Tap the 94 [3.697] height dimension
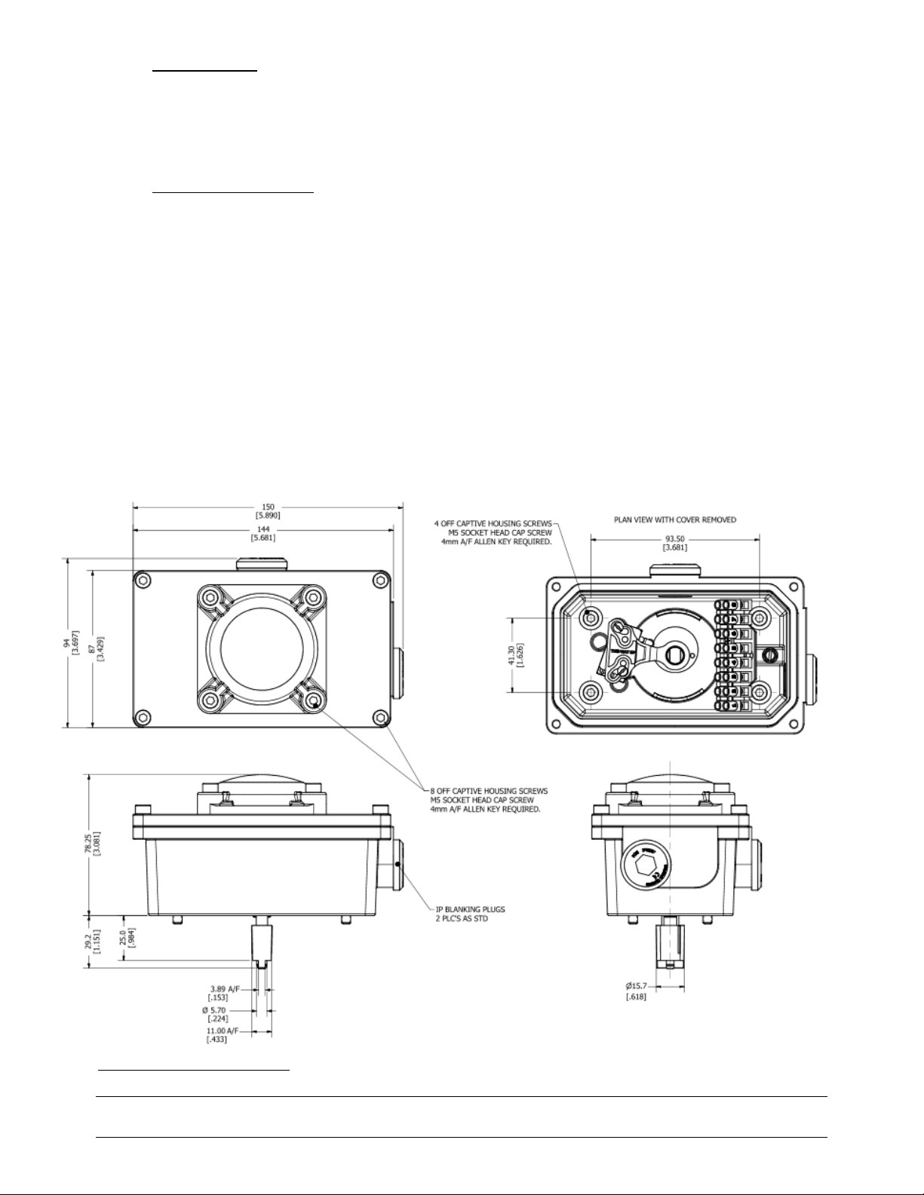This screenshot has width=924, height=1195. (71, 642)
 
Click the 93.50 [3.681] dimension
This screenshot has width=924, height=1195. (674, 543)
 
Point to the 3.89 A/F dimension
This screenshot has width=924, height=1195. (225, 993)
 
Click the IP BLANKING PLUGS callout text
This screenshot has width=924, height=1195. (471, 913)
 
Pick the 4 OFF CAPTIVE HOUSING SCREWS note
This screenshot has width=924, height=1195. (494, 532)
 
